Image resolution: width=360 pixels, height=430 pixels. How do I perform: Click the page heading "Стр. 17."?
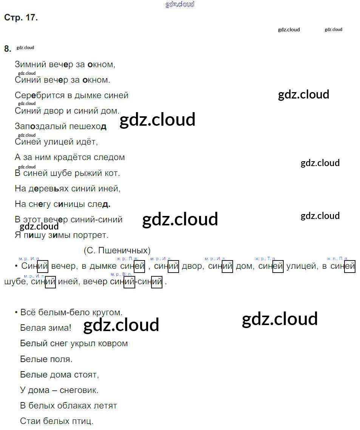tap(21, 18)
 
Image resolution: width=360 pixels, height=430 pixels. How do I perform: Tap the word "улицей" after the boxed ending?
tap(301, 267)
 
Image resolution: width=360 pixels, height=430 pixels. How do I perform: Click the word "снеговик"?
tap(79, 390)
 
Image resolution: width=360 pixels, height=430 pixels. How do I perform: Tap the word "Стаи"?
tap(29, 421)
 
